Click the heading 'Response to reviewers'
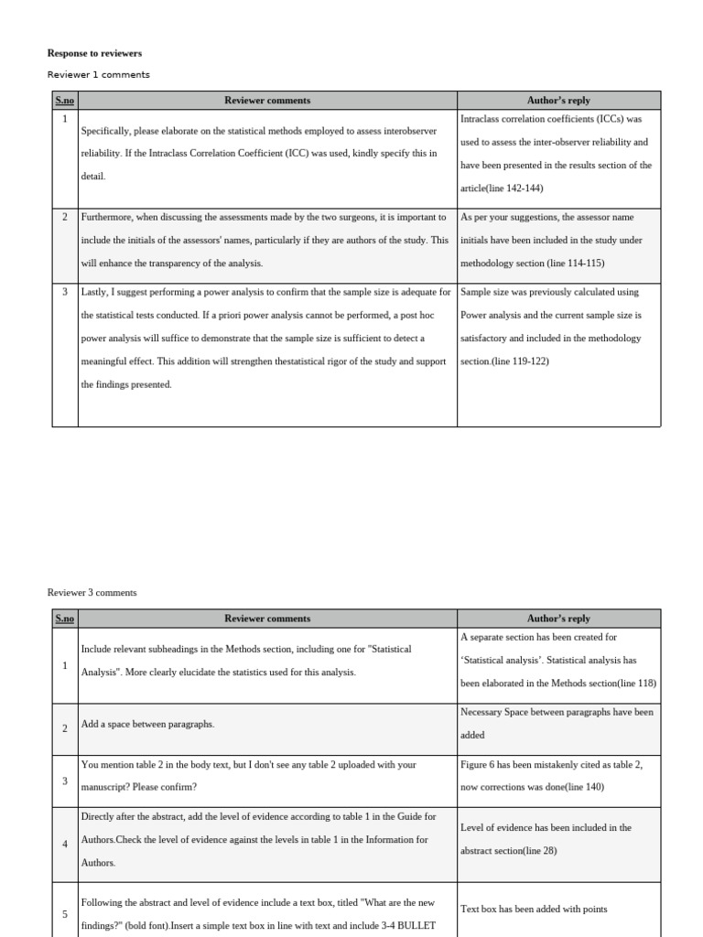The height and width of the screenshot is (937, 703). (x=94, y=53)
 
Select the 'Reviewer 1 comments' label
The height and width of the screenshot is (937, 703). (x=98, y=75)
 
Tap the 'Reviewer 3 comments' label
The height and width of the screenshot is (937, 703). (x=92, y=593)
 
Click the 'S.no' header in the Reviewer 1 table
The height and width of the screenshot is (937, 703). (x=64, y=101)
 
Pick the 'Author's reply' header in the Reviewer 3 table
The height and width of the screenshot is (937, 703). (x=558, y=619)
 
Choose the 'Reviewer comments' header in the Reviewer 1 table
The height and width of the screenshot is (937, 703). (x=267, y=101)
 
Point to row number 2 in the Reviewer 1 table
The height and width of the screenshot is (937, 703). (x=64, y=218)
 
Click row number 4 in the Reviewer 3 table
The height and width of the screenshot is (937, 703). (x=64, y=844)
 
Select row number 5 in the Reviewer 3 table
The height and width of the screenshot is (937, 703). (x=64, y=914)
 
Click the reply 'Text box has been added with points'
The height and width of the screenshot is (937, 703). (x=534, y=910)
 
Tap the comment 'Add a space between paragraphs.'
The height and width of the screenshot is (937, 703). (x=147, y=725)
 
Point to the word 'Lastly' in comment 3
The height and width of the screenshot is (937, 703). (x=94, y=293)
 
